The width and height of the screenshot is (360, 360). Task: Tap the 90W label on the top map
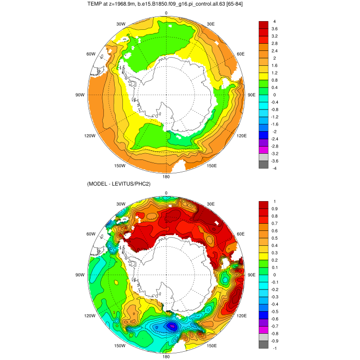click(x=80, y=95)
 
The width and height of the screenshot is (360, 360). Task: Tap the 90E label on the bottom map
click(x=251, y=275)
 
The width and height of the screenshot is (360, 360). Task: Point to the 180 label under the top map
click(x=166, y=177)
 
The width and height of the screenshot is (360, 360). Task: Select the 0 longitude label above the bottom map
click(x=166, y=193)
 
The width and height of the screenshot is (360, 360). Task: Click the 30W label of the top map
click(x=121, y=24)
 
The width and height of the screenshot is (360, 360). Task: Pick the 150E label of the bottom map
click(x=211, y=346)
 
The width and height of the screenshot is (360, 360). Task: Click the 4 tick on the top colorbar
click(x=275, y=22)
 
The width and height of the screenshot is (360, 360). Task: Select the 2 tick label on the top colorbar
click(x=275, y=58)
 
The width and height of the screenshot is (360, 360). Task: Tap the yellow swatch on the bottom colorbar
click(x=263, y=257)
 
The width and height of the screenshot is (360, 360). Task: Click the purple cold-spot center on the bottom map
click(x=173, y=326)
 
